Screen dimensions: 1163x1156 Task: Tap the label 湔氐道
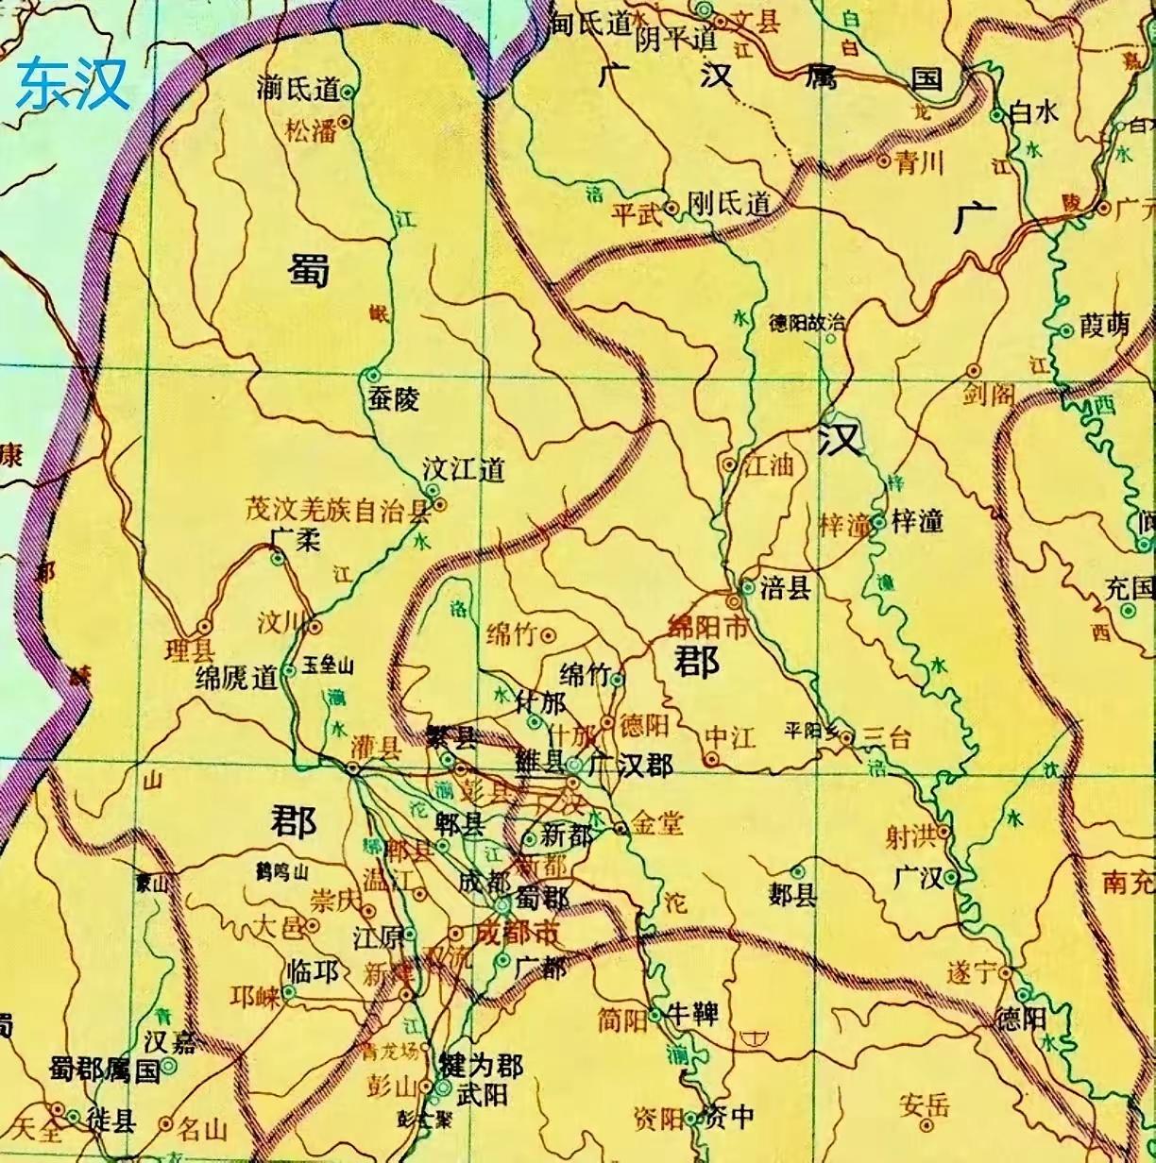click(x=297, y=90)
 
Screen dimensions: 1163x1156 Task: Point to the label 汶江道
click(x=464, y=469)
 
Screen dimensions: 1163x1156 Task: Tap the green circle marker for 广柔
click(x=277, y=559)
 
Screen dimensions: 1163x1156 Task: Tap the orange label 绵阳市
click(x=707, y=626)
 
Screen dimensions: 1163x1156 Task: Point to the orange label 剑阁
click(x=988, y=394)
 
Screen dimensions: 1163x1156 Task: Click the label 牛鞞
click(x=693, y=1015)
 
